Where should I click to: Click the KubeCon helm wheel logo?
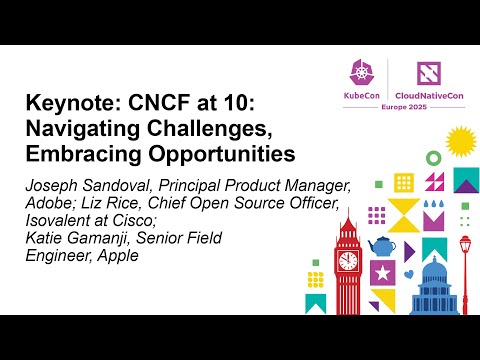pos(358,71)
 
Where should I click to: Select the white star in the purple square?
pos(382,272)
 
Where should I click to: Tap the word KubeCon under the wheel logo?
pos(358,93)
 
